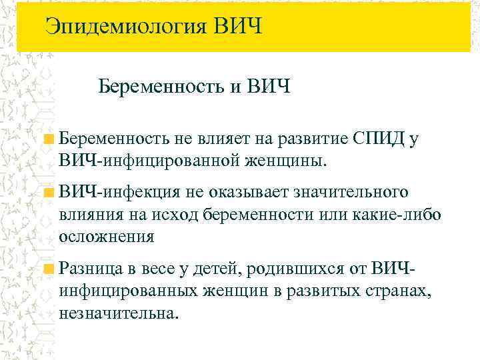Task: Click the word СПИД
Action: pyautogui.click(x=379, y=139)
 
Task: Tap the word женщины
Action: pyautogui.click(x=290, y=161)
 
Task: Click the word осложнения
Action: pyautogui.click(x=107, y=237)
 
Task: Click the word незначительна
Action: pyautogui.click(x=119, y=313)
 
